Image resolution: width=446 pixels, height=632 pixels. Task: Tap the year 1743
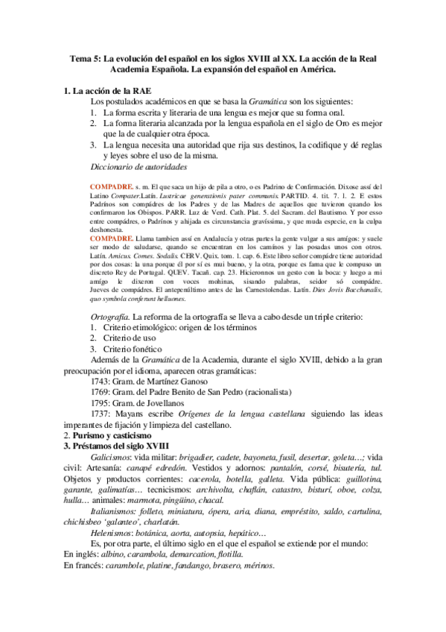coord(101,383)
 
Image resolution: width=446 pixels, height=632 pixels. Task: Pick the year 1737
coord(101,414)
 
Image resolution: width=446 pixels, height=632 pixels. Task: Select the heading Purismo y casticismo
coord(112,435)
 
